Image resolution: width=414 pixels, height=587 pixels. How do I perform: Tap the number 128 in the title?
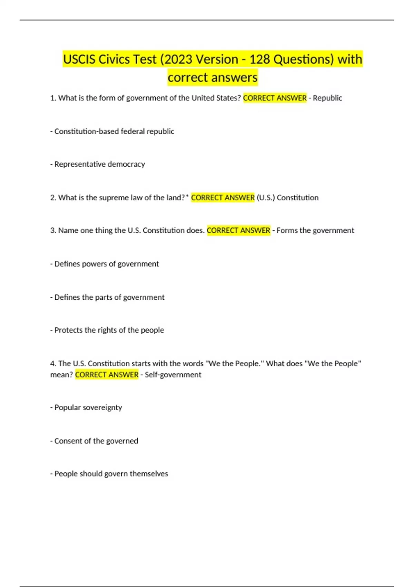tap(259, 59)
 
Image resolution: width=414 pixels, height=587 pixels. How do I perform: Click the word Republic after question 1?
tap(327, 98)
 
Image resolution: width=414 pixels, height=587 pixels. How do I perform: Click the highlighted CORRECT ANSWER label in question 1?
tap(275, 98)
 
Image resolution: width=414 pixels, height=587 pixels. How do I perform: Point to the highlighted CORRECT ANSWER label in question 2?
tap(223, 198)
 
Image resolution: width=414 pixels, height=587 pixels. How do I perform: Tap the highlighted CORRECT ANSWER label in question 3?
tap(238, 231)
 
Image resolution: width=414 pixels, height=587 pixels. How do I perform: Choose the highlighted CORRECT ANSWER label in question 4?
tap(107, 375)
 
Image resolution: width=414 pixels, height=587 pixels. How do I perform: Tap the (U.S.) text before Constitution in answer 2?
tap(266, 198)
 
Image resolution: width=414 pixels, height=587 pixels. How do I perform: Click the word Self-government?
tap(173, 375)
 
